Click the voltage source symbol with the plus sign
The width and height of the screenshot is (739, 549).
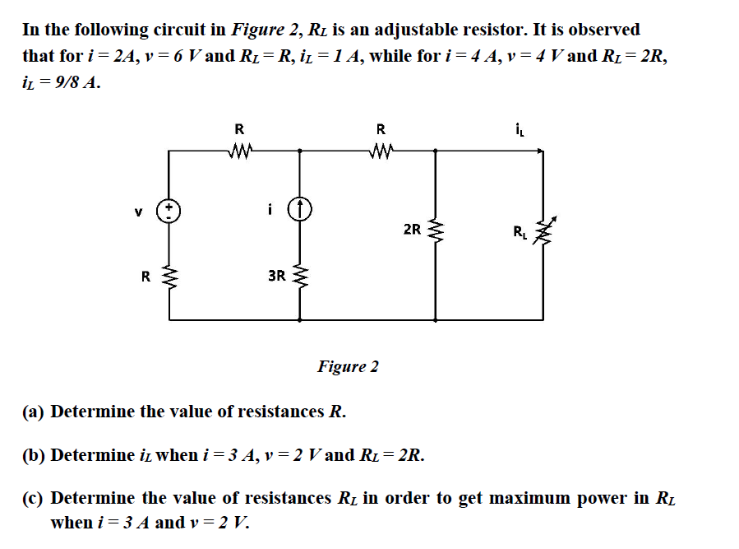pyautogui.click(x=169, y=209)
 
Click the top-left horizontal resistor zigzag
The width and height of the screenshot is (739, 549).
pyautogui.click(x=239, y=151)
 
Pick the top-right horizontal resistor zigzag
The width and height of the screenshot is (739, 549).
pyautogui.click(x=380, y=151)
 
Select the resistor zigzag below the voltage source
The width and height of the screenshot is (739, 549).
pyautogui.click(x=169, y=277)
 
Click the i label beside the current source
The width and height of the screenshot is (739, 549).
pyautogui.click(x=270, y=209)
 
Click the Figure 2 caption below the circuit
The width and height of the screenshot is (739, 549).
pyautogui.click(x=348, y=366)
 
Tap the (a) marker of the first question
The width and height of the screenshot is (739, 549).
pyautogui.click(x=34, y=411)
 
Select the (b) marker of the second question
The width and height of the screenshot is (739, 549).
pyautogui.click(x=35, y=454)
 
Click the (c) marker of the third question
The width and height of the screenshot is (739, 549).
pyautogui.click(x=34, y=498)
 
